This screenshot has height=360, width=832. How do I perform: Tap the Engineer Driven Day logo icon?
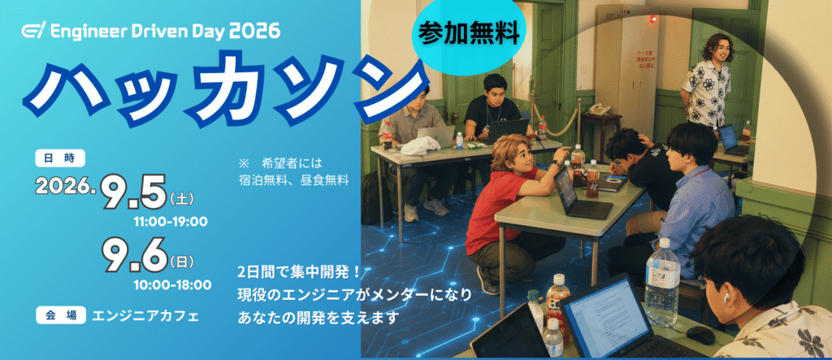(x=34, y=32)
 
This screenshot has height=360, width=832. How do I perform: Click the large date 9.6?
(x=135, y=254)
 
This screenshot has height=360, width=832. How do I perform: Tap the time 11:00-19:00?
(x=171, y=222)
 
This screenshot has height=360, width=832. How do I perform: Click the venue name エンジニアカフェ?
(x=145, y=316)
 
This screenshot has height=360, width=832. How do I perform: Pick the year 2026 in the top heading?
(x=254, y=32)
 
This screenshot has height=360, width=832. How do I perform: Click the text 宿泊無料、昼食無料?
(x=293, y=180)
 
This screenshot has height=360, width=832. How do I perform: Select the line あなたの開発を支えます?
(x=318, y=318)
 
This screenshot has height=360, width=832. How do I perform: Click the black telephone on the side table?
(x=599, y=109)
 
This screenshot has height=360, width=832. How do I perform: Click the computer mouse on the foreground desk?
(x=700, y=335)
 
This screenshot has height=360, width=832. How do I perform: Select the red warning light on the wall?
(x=652, y=20)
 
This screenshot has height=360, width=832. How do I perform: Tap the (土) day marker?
(x=181, y=200)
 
